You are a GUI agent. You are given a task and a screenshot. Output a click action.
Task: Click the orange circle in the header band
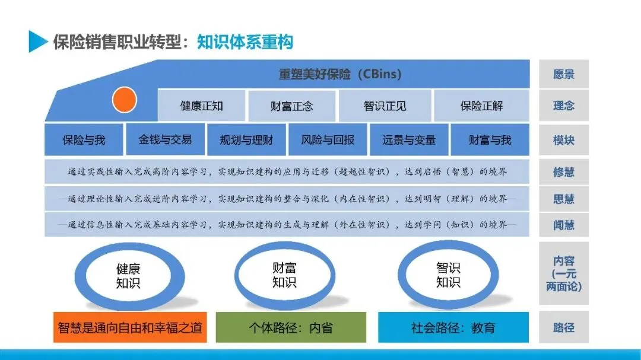pos(125,100)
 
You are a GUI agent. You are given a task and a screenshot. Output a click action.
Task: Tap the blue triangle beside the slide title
pos(37,42)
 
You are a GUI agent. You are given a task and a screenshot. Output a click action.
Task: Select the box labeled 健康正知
pos(202,106)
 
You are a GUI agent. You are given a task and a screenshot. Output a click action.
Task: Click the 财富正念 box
pos(292,106)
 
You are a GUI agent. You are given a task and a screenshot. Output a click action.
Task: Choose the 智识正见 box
pos(385,106)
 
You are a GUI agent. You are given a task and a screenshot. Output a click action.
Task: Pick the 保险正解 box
pos(481,106)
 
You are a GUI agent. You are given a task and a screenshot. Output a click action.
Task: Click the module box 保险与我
pos(84,140)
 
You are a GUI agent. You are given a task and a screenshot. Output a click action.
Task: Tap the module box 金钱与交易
pos(165,139)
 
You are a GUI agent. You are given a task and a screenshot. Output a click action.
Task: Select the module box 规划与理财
pos(246,140)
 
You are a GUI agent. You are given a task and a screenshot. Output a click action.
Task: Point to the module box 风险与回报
pos(328,140)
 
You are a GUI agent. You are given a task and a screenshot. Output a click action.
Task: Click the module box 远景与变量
pos(409,140)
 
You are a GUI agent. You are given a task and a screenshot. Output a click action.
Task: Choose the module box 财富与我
pos(490,140)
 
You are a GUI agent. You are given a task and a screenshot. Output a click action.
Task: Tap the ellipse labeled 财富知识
pos(284,275)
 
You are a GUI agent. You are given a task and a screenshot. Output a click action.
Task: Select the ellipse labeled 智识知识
pos(448,275)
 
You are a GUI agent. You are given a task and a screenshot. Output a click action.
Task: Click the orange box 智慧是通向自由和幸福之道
pos(130,327)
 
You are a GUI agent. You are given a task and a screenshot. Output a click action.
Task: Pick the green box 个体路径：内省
pos(291,327)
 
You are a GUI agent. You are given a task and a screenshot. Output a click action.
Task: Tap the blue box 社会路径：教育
pos(453,327)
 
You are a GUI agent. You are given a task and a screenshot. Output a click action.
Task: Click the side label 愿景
pos(564,74)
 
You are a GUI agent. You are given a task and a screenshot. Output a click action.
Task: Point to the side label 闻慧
pos(564,225)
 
